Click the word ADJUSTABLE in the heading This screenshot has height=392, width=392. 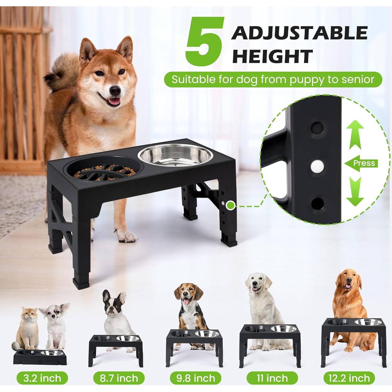(x=299, y=33)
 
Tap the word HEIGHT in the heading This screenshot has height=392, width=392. (x=273, y=56)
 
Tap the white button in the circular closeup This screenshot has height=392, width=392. (x=316, y=165)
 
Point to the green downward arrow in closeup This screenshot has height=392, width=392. (x=356, y=192)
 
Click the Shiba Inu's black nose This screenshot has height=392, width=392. (x=116, y=90)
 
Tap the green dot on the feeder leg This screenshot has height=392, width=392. (x=230, y=206)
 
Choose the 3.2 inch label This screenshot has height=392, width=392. (x=42, y=378)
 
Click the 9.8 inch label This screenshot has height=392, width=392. (x=196, y=378)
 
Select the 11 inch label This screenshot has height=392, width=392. (x=272, y=378)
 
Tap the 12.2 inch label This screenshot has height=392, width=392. (x=349, y=378)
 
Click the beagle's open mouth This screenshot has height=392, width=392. (x=186, y=302)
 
